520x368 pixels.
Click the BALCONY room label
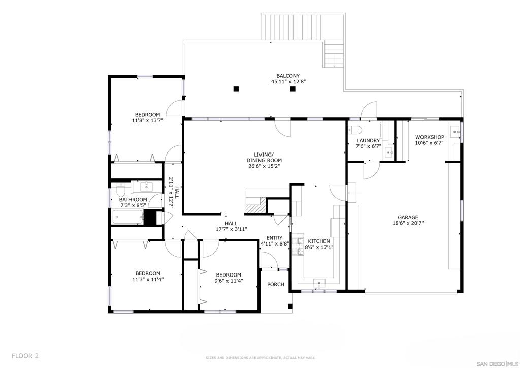[288, 76]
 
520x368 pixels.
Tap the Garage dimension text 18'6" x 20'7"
[408, 223]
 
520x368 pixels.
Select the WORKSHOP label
[430, 137]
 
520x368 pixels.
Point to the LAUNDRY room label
[368, 141]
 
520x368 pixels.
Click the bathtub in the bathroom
[127, 218]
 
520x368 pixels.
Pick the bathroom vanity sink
[146, 187]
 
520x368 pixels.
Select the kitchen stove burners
[301, 246]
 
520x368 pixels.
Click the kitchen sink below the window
[319, 283]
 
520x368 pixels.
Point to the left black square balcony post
[236, 89]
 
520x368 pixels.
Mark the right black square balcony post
[292, 89]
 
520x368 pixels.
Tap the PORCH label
[276, 284]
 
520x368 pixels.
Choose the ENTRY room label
[275, 238]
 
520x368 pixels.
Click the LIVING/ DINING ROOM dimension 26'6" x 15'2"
[264, 166]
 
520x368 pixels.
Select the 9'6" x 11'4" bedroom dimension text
[229, 281]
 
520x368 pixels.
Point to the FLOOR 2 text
[25, 356]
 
